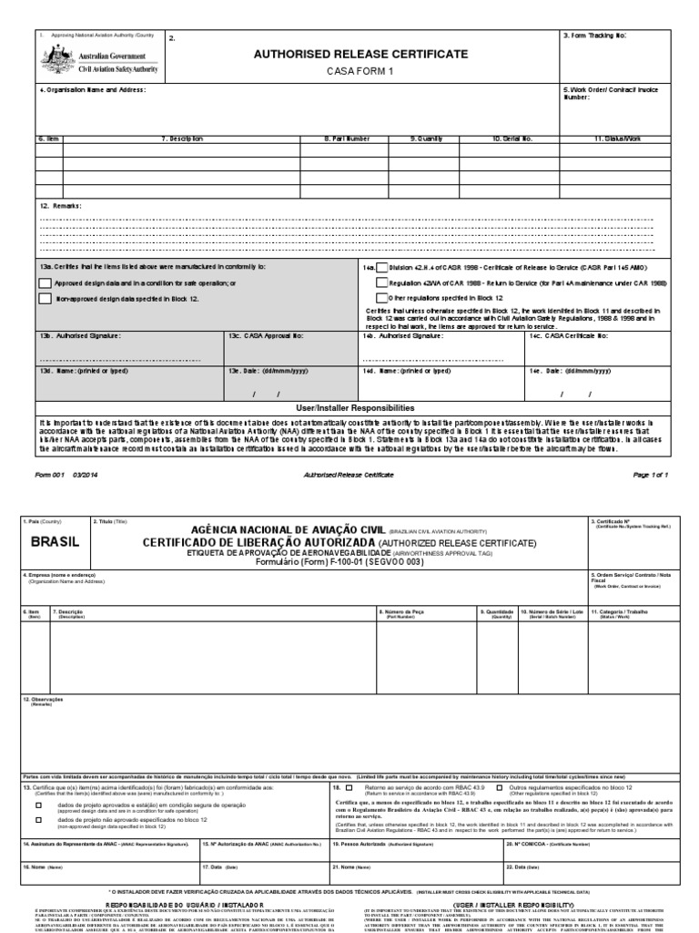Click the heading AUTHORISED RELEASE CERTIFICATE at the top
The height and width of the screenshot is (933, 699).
(362, 55)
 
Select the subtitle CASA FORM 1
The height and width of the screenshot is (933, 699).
(362, 72)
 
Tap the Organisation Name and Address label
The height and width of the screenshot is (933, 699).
(92, 90)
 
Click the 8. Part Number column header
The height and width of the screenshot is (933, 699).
(348, 138)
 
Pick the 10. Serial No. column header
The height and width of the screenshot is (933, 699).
(512, 138)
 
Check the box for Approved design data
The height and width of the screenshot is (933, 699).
(45, 283)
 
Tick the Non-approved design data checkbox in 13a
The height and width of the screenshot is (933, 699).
(45, 298)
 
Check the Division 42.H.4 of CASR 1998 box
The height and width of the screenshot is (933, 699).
(382, 270)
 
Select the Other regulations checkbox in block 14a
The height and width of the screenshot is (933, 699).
(382, 298)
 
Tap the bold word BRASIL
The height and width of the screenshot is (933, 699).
(55, 541)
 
